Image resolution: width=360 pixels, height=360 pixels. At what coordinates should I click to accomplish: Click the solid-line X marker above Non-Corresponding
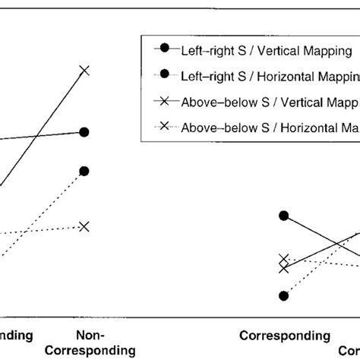click(84, 71)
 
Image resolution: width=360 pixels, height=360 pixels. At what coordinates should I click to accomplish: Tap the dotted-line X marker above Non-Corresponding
click(84, 226)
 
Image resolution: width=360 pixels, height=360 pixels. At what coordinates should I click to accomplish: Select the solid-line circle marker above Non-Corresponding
click(84, 132)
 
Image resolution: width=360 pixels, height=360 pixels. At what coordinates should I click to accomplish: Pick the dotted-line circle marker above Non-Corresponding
click(84, 171)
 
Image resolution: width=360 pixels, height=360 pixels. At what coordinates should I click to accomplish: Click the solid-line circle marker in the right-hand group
click(284, 216)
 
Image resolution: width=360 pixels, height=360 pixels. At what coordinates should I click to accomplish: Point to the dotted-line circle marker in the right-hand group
click(284, 295)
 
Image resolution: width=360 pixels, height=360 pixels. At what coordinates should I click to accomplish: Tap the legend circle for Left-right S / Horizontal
click(164, 74)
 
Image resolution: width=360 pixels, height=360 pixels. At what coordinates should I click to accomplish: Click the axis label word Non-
click(90, 335)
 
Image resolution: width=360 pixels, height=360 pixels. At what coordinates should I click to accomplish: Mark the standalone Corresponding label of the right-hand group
click(285, 335)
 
